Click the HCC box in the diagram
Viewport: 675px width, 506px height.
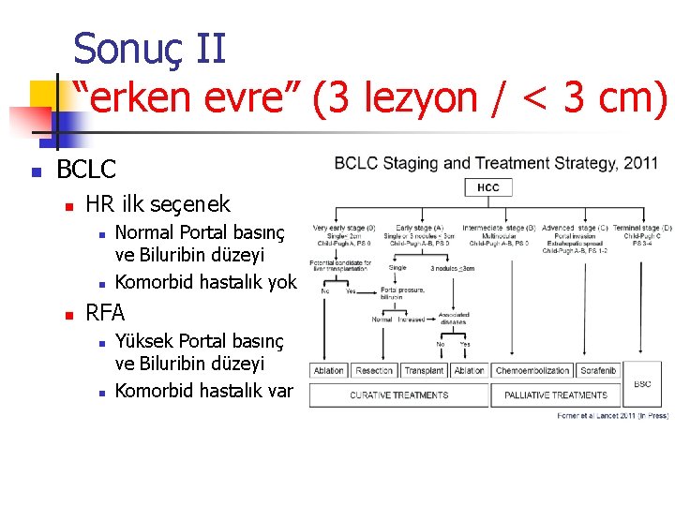click(x=488, y=187)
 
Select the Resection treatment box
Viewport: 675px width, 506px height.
click(x=375, y=371)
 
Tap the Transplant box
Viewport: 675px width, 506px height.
click(x=423, y=371)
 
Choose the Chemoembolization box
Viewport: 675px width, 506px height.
click(x=532, y=371)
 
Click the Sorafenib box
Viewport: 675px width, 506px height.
click(x=597, y=371)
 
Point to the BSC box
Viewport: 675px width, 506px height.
click(x=642, y=383)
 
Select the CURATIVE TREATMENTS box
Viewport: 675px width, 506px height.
click(x=399, y=395)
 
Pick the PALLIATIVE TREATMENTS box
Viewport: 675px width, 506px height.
click(x=556, y=395)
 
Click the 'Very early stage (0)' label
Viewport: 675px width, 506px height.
click(x=344, y=228)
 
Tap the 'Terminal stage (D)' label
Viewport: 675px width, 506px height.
click(x=643, y=228)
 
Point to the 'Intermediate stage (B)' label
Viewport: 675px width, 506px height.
click(x=499, y=228)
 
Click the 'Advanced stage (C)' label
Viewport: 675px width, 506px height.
click(x=575, y=228)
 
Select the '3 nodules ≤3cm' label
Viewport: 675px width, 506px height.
click(x=453, y=268)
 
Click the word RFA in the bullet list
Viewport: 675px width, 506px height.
click(x=105, y=312)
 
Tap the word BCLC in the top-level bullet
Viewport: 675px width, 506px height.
click(x=86, y=170)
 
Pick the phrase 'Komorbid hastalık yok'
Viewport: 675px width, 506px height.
click(x=205, y=282)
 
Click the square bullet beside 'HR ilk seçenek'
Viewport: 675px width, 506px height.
click(x=67, y=205)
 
